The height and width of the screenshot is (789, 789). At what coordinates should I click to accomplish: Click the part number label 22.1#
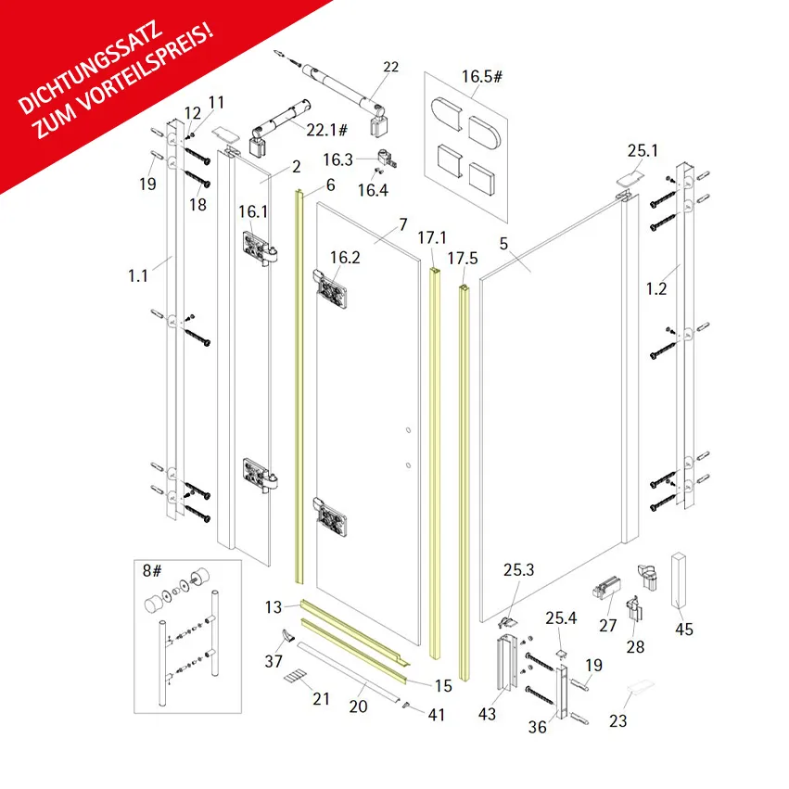327,131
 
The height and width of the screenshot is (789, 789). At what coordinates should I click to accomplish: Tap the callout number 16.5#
482,76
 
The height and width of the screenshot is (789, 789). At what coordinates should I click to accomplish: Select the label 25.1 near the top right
643,150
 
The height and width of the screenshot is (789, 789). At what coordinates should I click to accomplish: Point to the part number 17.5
463,259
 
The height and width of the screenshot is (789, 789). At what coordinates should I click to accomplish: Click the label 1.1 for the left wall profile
138,275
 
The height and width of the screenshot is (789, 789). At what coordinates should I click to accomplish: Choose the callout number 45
684,629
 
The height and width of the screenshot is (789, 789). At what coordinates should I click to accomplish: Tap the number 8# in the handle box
152,570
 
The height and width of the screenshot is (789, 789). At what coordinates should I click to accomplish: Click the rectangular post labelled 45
679,582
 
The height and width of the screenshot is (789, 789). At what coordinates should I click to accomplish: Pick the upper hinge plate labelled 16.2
330,289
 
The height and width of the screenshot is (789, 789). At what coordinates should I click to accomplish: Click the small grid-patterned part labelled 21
294,676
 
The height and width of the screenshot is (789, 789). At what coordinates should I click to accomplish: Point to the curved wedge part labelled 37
287,635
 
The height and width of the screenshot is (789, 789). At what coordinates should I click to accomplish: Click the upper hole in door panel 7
409,430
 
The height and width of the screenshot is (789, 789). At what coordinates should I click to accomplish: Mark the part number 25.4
561,617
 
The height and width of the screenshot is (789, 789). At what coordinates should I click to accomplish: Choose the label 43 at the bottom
487,714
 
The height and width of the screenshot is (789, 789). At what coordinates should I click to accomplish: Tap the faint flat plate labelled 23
640,687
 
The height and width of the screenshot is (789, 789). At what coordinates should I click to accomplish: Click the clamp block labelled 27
606,587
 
